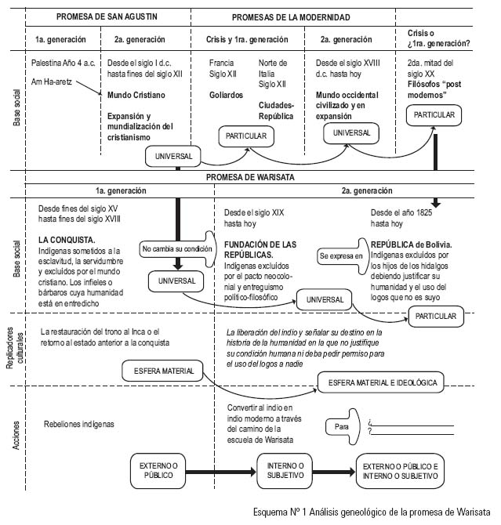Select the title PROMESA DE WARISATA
click(251, 177)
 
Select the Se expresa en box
click(341, 255)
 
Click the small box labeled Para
click(340, 426)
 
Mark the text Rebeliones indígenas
click(80, 424)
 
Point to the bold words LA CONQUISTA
click(67, 239)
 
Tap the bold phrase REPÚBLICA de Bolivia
click(409, 244)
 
